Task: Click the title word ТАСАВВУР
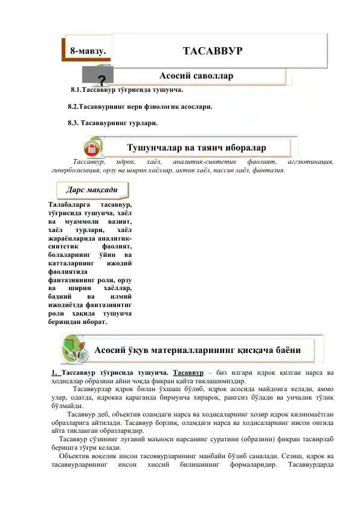(212, 50)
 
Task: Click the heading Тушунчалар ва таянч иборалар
(198, 147)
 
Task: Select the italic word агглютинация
(311, 162)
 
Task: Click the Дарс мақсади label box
(96, 189)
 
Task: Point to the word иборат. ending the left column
(93, 322)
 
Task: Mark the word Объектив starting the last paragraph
(76, 472)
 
